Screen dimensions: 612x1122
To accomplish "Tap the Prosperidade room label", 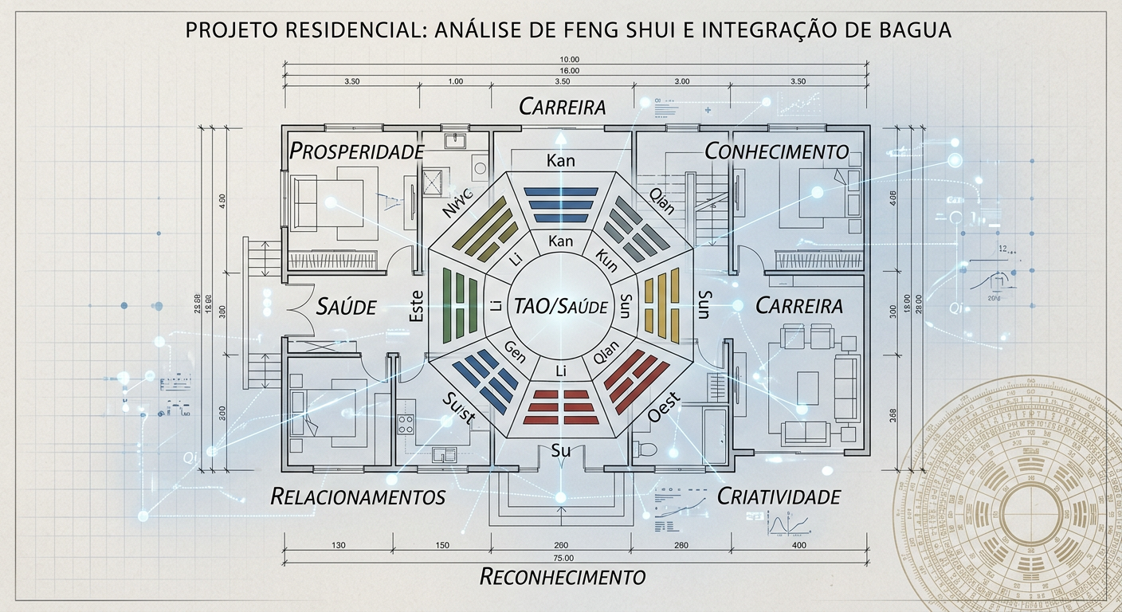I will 355,151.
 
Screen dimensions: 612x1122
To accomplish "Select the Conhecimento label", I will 777,151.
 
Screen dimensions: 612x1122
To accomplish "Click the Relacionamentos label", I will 358,496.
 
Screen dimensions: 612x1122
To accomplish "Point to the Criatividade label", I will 779,496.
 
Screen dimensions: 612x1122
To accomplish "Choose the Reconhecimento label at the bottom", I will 562,576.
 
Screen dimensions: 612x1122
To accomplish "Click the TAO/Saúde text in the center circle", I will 561,306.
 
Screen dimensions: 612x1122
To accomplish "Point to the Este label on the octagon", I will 416,306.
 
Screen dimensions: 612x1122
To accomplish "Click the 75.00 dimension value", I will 563,557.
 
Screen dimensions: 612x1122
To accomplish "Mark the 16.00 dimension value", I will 570,71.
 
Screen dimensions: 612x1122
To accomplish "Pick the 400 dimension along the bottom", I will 799,545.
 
